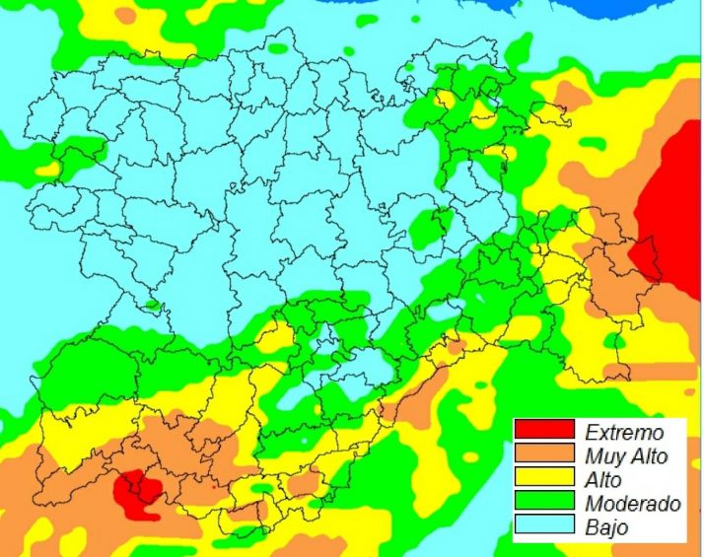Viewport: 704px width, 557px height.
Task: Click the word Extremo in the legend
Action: pos(623,432)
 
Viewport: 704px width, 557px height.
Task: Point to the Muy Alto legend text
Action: pos(626,456)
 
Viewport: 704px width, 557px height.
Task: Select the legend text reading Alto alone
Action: pos(603,480)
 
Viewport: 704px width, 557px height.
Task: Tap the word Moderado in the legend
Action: pos(632,504)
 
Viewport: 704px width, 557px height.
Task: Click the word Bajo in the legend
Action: pos(605,527)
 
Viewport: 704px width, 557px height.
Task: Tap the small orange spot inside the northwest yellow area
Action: pos(125,16)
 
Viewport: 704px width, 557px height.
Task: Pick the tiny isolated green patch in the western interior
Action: pos(152,305)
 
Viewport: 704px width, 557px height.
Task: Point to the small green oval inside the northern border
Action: pos(279,47)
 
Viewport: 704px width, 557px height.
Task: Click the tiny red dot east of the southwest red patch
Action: pos(214,485)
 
